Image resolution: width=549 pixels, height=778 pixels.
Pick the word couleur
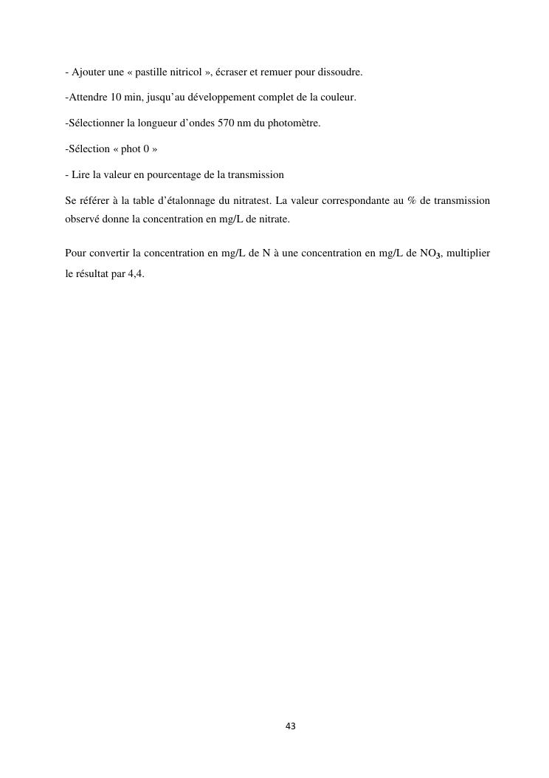[337, 98]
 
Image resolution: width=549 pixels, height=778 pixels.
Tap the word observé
[82, 219]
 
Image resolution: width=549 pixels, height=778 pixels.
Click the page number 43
[290, 726]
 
